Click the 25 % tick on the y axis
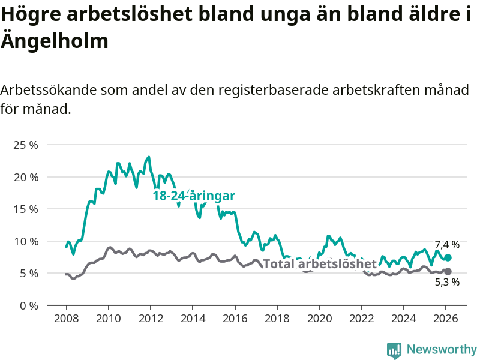(x=26, y=145)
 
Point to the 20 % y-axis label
(x=26, y=177)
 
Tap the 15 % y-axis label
(x=26, y=209)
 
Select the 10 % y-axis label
(x=26, y=241)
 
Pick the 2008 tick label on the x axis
(x=66, y=318)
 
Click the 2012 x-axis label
(x=150, y=318)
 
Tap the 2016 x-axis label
(x=235, y=318)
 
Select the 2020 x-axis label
(x=319, y=318)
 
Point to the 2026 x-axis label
(x=446, y=318)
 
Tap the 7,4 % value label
(x=447, y=245)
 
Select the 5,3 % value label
(x=447, y=282)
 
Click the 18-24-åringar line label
(x=194, y=196)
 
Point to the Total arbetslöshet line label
(x=320, y=264)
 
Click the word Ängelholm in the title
(x=55, y=41)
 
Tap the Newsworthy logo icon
(x=394, y=350)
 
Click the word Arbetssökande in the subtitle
(x=47, y=91)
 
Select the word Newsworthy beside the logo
(x=442, y=350)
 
